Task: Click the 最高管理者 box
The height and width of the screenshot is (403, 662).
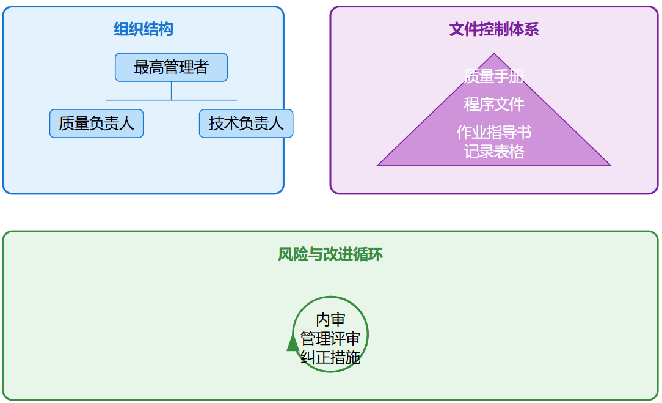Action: [x=171, y=67]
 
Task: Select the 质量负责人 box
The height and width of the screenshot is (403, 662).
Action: [x=96, y=124]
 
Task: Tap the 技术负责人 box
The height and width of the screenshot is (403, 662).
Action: [x=246, y=124]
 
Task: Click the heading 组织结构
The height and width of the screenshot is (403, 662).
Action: [x=144, y=29]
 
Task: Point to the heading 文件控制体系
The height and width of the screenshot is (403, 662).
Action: [x=494, y=29]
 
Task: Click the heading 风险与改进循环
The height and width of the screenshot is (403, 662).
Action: [x=330, y=254]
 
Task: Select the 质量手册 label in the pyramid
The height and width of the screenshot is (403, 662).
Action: [x=494, y=76]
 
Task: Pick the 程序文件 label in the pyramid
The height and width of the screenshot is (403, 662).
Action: [x=494, y=105]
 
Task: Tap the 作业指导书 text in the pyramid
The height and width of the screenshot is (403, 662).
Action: [x=494, y=133]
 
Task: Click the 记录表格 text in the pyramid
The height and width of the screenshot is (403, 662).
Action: [x=494, y=151]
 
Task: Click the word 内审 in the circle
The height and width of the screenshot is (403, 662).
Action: [x=330, y=320]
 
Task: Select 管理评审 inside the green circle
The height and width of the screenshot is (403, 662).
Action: [x=330, y=338]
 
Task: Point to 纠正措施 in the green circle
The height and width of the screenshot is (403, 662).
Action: [x=330, y=357]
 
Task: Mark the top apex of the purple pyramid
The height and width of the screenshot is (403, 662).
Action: [x=494, y=54]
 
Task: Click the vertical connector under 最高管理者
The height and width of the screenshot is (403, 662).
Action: [x=171, y=91]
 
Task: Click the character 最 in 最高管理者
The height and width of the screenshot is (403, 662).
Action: [x=141, y=67]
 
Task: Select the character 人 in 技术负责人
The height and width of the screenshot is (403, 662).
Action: [x=276, y=124]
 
